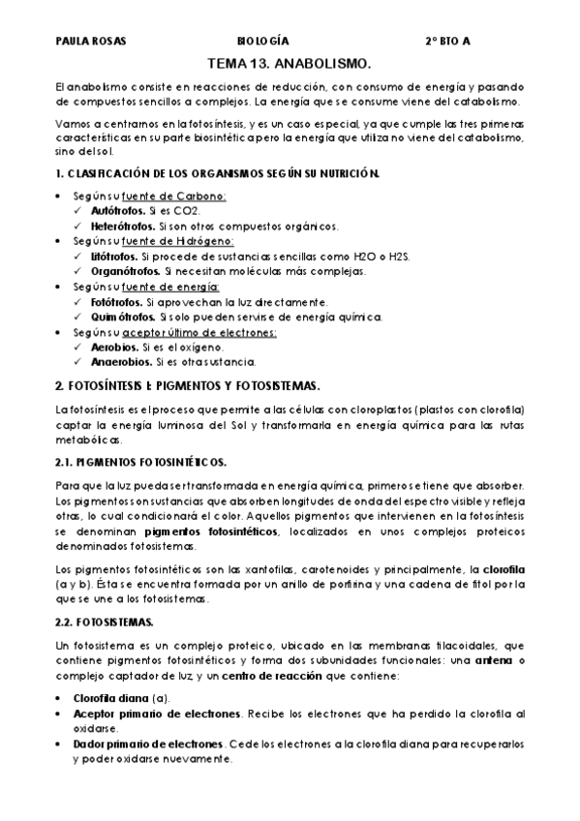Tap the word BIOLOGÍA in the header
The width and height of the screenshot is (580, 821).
coord(263,43)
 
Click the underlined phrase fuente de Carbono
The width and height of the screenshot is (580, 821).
coord(180,196)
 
